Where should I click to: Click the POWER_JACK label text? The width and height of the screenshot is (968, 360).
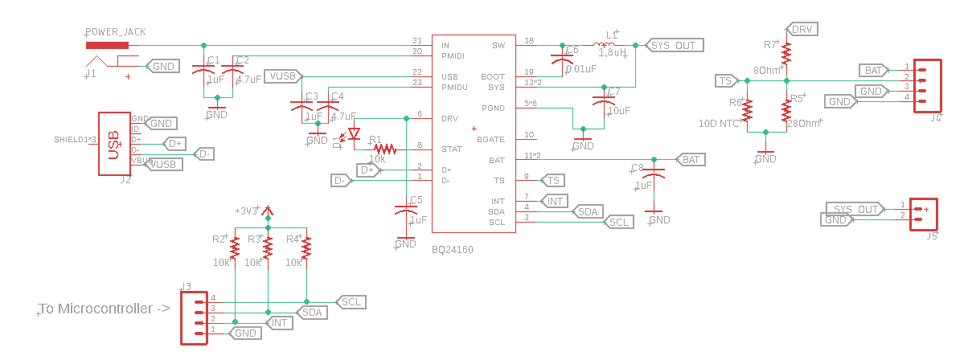coord(115,33)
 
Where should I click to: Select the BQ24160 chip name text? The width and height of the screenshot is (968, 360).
coord(453,250)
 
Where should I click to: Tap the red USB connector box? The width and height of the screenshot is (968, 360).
coord(114,144)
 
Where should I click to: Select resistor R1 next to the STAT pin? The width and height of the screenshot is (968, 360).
coord(384,149)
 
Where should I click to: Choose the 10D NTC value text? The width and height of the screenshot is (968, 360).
coord(719,124)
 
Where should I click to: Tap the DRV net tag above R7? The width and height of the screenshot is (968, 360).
coord(802,30)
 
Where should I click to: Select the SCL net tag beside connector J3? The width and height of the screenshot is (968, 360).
coord(351,302)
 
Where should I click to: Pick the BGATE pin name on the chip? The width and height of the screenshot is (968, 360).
coord(490,139)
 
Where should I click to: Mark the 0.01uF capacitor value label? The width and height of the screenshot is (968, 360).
coord(580,69)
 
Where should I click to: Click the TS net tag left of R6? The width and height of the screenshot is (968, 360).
coord(726,80)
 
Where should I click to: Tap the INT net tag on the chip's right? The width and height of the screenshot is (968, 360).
coord(555,201)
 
